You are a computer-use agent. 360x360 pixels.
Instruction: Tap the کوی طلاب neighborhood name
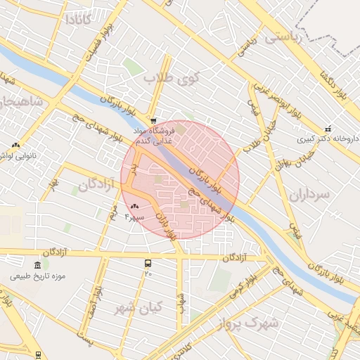pyautogui.click(x=172, y=78)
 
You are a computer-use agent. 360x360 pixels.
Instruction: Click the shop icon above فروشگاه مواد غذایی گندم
pyautogui.click(x=153, y=121)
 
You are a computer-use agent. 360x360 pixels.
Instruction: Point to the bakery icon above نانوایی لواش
pyautogui.click(x=15, y=145)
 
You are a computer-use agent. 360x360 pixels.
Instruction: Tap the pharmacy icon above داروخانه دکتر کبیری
pyautogui.click(x=328, y=128)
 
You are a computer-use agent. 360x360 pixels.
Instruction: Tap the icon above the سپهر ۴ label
pyautogui.click(x=134, y=206)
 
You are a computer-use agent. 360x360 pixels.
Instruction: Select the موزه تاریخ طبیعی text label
pyautogui.click(x=38, y=276)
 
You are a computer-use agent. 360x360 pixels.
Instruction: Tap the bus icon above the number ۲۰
pyautogui.click(x=148, y=263)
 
